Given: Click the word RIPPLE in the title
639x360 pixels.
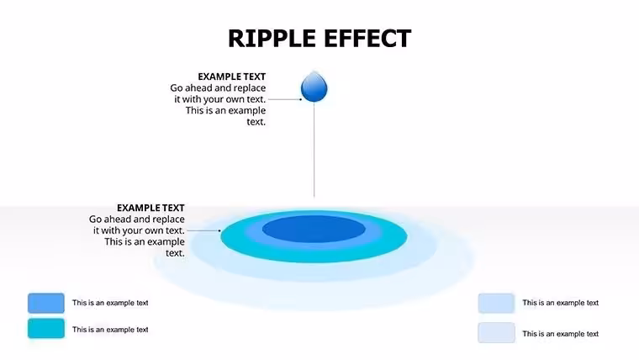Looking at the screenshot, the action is click(x=272, y=39).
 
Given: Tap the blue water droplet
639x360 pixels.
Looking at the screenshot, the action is click(x=314, y=87).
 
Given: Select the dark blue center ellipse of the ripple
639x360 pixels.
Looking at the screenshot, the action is click(x=314, y=229).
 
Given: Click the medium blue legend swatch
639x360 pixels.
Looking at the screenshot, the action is click(x=46, y=303).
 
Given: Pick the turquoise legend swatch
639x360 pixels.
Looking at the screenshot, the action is click(x=46, y=329).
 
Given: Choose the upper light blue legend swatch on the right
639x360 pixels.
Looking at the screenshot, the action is click(x=496, y=304).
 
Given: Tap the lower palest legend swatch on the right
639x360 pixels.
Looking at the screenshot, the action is click(x=496, y=333).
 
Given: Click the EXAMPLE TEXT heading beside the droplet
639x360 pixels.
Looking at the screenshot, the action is click(x=232, y=77).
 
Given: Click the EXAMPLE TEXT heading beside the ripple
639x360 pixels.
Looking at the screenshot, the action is click(x=151, y=208).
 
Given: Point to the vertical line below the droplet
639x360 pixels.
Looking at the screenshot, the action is click(x=314, y=150).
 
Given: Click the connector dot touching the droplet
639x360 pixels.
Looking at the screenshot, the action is click(x=301, y=99).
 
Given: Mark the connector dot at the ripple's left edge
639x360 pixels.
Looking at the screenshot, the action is click(x=219, y=230).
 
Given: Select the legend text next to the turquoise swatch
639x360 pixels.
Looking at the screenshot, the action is click(x=110, y=330).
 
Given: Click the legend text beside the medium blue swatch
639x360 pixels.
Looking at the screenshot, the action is click(x=110, y=303).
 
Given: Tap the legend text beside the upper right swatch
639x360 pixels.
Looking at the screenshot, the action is click(x=560, y=303).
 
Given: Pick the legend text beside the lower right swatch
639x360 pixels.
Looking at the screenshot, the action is click(x=560, y=334).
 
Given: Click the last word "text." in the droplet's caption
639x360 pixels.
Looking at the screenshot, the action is click(x=256, y=122).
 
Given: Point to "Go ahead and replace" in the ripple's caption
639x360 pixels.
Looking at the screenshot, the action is click(x=137, y=220).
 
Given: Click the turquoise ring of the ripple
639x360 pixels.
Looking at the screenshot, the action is click(x=314, y=256).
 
